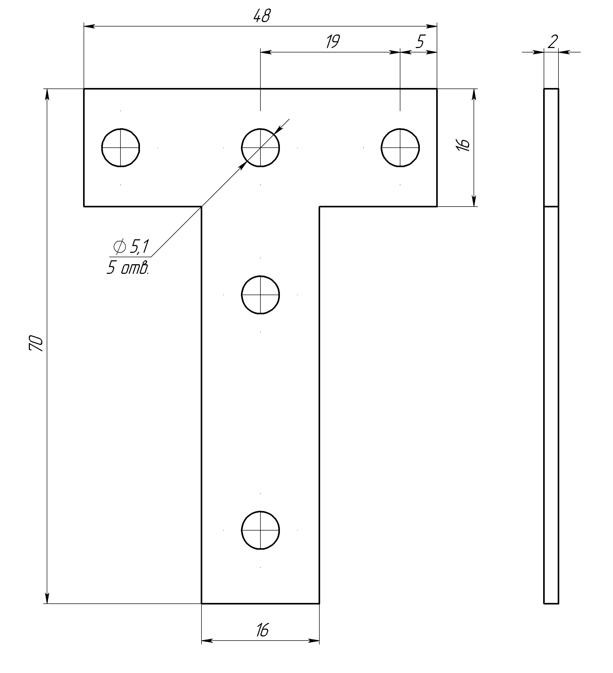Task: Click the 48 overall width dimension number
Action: point(262,16)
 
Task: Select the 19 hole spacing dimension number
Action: point(333,42)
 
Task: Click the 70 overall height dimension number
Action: point(36,344)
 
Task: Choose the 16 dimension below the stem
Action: point(262,631)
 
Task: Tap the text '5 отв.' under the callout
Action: point(127,268)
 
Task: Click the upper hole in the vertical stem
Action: point(260,295)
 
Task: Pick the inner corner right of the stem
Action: point(320,207)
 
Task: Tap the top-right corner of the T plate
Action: point(437,89)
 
